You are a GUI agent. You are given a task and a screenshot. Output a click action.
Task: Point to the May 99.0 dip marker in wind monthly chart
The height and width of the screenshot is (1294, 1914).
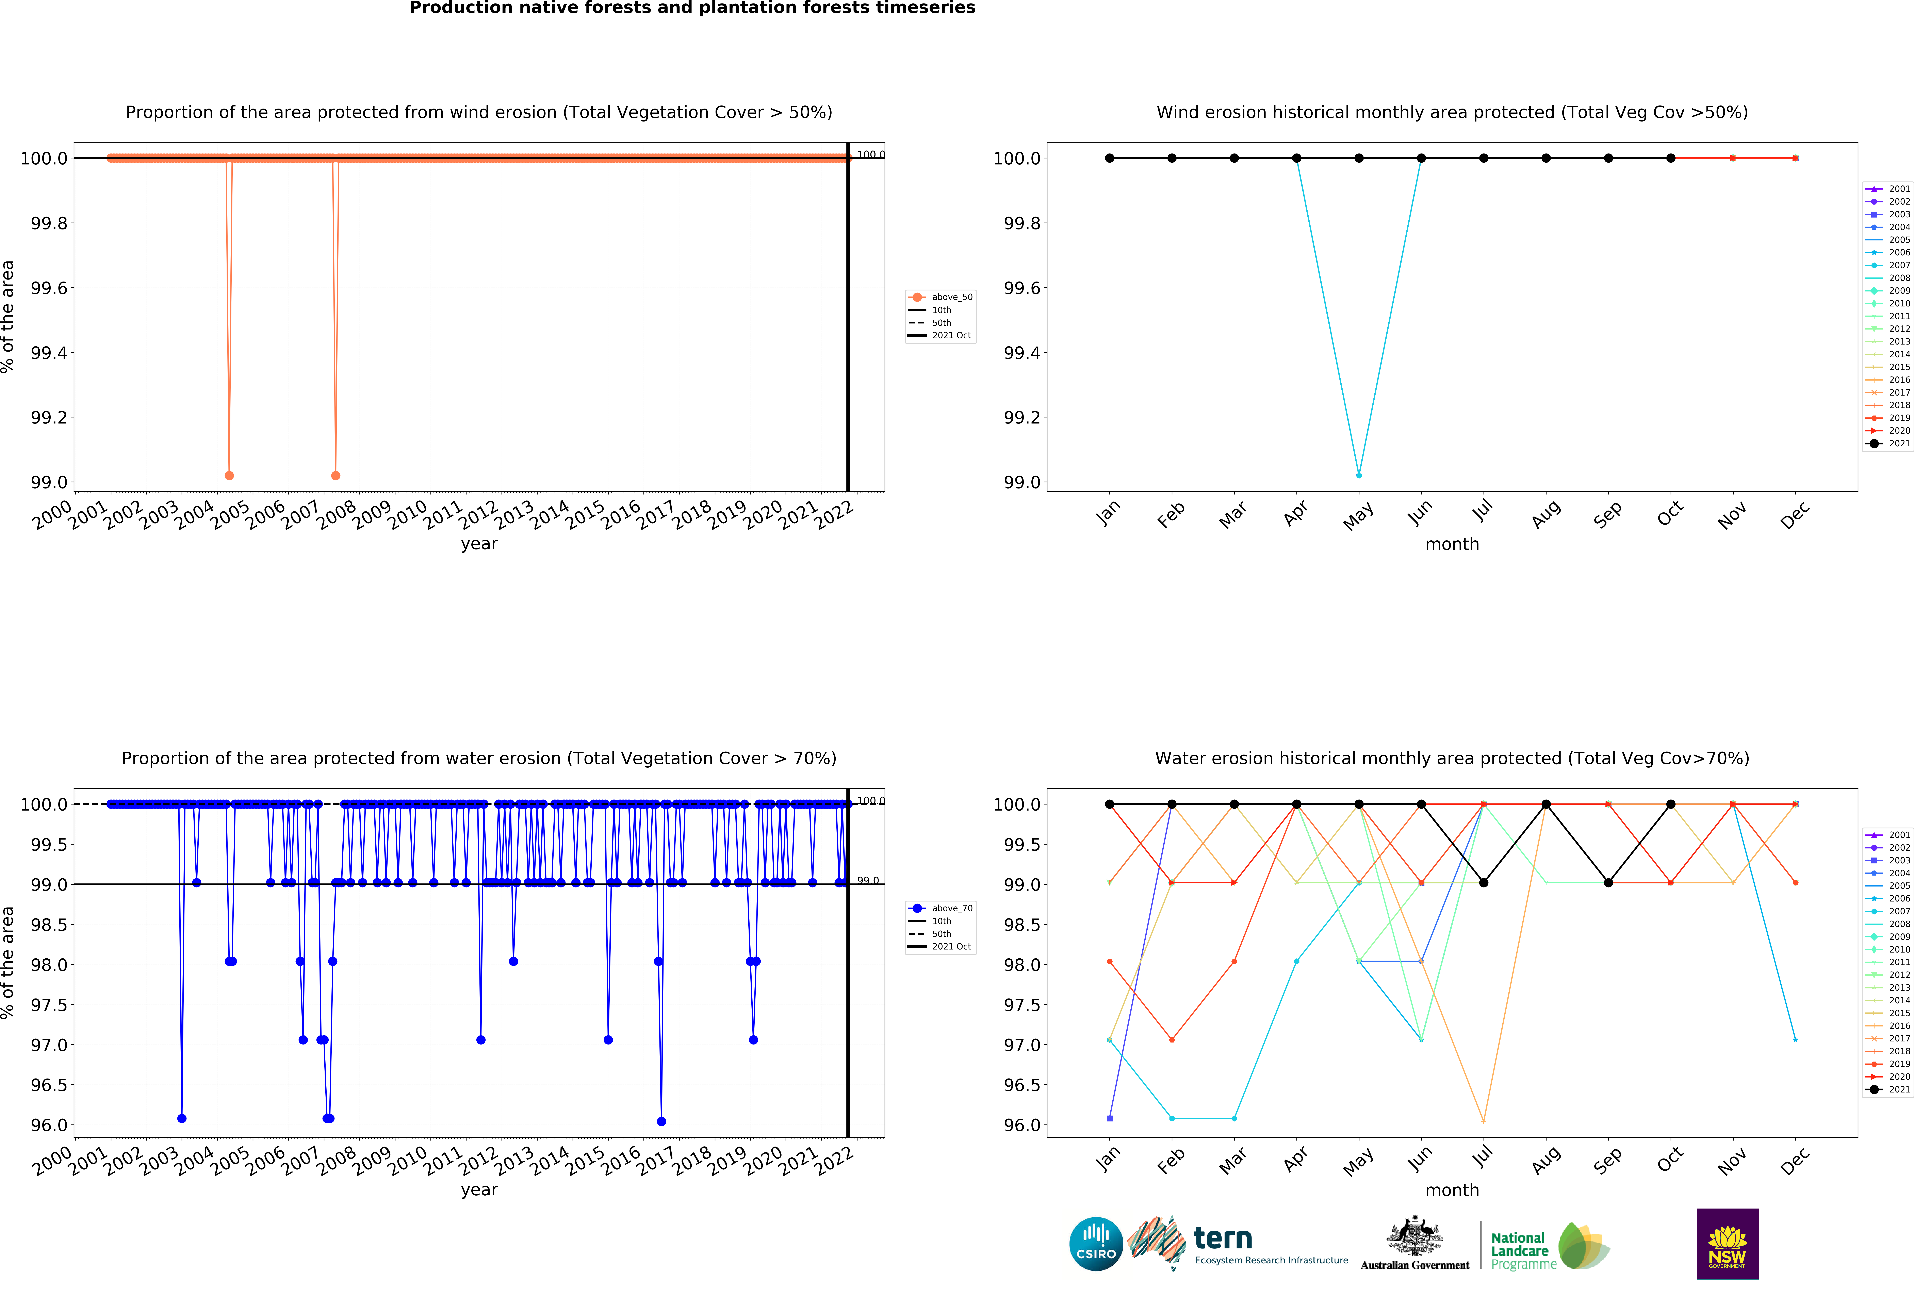(1359, 475)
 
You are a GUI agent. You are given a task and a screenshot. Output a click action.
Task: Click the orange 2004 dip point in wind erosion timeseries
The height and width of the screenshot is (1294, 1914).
(229, 475)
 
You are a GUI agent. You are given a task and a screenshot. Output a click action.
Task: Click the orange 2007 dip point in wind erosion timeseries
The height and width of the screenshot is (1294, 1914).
(335, 475)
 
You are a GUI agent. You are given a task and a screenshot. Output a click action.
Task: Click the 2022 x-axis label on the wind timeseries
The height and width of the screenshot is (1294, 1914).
(834, 515)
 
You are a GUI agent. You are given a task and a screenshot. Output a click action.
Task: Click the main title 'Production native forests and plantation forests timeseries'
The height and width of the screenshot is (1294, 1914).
(692, 8)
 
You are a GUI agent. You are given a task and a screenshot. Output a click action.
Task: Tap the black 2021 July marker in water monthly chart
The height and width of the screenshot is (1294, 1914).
(1483, 883)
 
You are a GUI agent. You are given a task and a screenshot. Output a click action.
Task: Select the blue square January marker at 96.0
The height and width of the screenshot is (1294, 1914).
(1109, 1118)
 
